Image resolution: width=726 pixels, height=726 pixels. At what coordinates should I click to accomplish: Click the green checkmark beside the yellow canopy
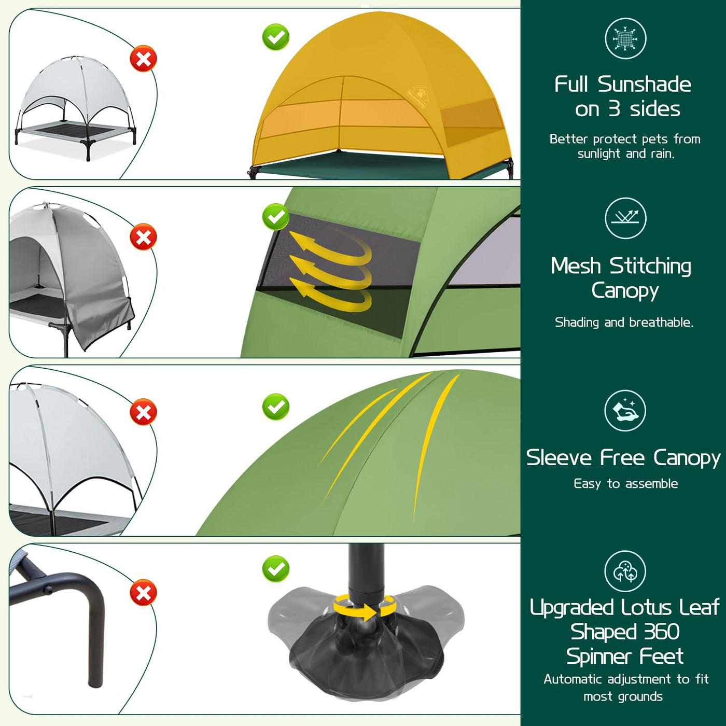[276, 37]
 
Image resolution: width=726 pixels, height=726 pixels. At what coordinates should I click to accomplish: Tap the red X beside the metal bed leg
[143, 592]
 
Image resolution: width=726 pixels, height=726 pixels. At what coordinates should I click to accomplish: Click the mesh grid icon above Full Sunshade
[625, 38]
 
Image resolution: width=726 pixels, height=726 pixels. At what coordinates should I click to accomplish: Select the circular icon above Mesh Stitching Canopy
[625, 218]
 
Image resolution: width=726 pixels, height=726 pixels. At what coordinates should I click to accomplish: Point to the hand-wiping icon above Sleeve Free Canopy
[625, 410]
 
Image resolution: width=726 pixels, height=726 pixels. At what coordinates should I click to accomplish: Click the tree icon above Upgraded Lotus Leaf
[625, 571]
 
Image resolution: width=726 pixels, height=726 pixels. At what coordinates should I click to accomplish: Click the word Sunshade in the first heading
[644, 85]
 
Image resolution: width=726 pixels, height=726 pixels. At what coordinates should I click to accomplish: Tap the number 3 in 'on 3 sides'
[614, 109]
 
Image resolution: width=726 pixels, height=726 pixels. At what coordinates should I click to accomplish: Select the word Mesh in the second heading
[575, 266]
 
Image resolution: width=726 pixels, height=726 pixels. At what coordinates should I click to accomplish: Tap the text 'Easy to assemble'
[625, 484]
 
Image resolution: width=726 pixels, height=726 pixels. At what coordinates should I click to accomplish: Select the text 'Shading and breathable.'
[624, 322]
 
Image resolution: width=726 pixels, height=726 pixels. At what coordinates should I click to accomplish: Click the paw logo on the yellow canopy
[417, 99]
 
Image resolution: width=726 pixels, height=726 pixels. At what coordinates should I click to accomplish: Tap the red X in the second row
[143, 236]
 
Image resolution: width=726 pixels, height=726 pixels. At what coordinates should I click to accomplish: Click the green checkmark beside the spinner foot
[276, 568]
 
